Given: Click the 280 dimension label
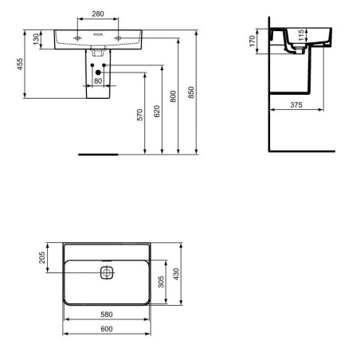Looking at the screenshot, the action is pos(98,14).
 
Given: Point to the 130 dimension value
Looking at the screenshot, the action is pos(36,39).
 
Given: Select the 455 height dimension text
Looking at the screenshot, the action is pos(20,64).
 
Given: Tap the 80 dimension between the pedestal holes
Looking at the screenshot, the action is pos(98,80).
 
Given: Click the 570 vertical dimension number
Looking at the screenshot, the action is pos(139,115).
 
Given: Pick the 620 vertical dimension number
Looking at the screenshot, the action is pos(157,112).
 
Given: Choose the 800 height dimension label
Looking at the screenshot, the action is pos(173,96).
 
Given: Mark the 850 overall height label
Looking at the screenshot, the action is pos(191,92).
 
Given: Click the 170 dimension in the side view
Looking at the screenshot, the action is pos(252,41).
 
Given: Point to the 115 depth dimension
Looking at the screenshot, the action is pos(301,35).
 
